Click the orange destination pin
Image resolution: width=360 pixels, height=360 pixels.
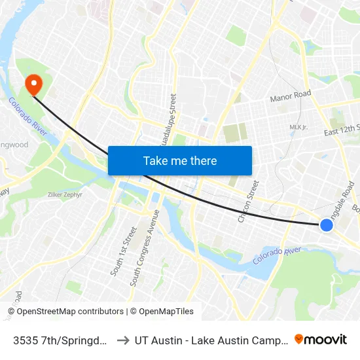click(32, 84)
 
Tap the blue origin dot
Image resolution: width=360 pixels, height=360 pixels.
click(327, 225)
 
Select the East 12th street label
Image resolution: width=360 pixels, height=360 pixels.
click(342, 132)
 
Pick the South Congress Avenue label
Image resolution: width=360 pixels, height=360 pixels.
click(145, 248)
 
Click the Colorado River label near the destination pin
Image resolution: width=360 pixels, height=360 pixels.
click(27, 117)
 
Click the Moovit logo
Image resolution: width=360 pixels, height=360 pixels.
click(321, 339)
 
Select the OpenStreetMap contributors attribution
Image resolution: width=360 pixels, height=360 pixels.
click(65, 312)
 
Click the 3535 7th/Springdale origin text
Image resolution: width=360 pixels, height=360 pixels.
click(59, 340)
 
